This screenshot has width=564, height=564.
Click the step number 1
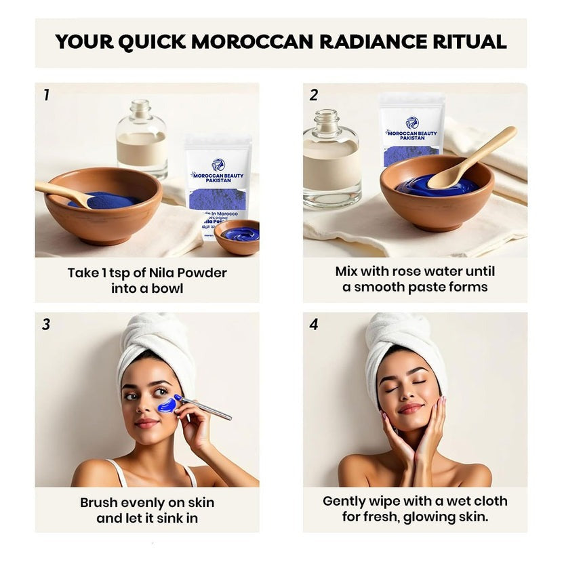coord(46,96)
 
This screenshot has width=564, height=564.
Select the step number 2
coord(313,96)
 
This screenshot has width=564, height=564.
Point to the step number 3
coord(46,325)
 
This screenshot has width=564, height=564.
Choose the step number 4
coord(313,325)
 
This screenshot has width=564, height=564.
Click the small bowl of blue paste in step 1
coord(237,237)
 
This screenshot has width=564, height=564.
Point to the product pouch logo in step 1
coord(218,165)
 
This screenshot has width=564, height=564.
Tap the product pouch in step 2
coord(411,129)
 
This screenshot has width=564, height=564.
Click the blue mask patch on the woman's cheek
coord(167,405)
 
